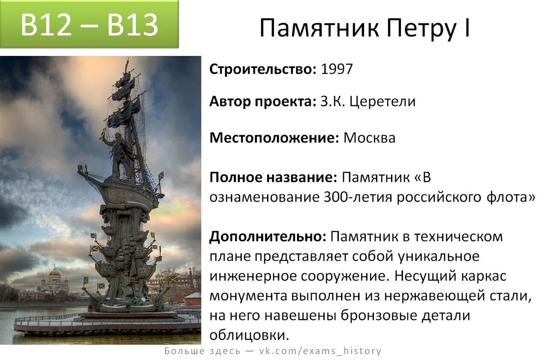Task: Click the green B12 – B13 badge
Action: pos(89,24)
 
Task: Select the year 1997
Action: pos(337,69)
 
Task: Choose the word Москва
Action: pos(370,138)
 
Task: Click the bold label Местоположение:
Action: pos(274,138)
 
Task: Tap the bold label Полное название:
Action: pos(273,178)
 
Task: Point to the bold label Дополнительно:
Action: pos(268,237)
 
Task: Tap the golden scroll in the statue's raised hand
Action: pos(104,133)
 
